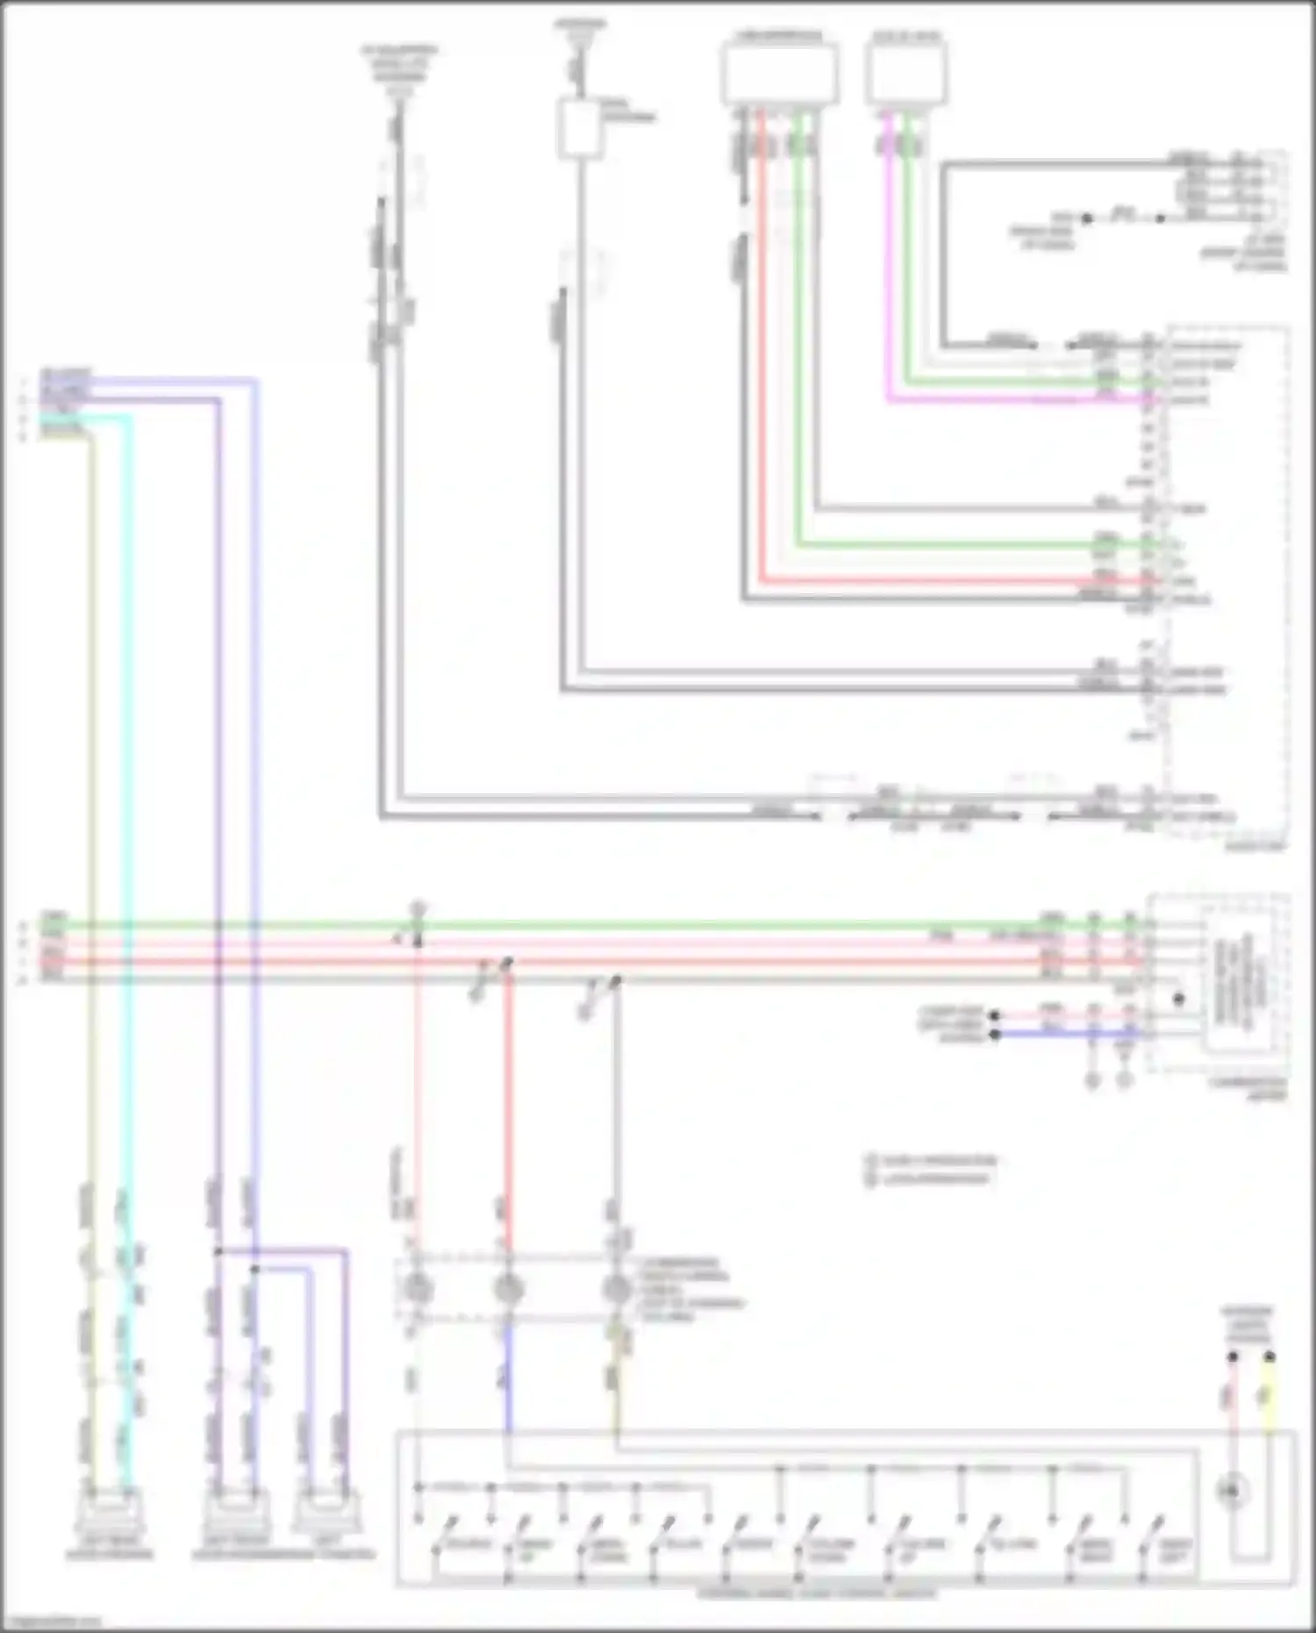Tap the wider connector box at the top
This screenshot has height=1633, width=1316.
(x=779, y=74)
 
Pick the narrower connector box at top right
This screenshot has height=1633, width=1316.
(x=906, y=74)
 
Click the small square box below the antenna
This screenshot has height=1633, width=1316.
(x=580, y=129)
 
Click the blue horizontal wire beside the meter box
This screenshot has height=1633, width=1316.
(x=1070, y=1035)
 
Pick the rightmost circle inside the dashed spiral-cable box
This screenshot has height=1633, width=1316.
(x=617, y=1289)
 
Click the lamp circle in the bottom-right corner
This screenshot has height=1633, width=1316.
(x=1232, y=1490)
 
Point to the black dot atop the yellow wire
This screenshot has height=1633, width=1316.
(x=1269, y=1357)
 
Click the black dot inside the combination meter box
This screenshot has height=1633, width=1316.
(x=1178, y=999)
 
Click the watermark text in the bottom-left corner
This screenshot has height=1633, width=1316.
(x=48, y=1622)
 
